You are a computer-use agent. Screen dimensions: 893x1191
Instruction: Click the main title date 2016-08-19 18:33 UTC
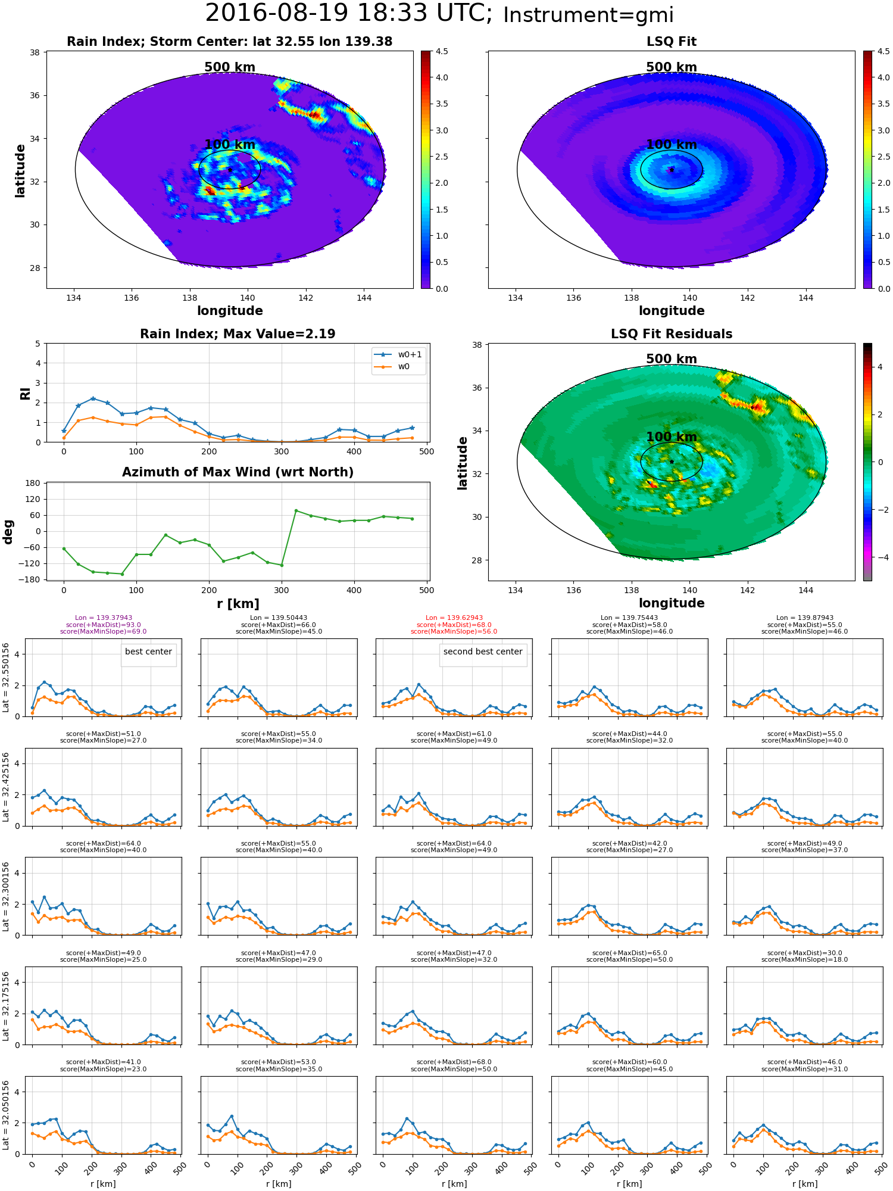click(x=349, y=14)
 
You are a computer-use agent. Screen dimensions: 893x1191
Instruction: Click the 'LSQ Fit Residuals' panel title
click(x=672, y=334)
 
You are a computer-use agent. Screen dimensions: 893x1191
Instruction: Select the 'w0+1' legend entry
click(x=398, y=354)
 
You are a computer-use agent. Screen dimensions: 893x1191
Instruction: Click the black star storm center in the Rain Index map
click(x=230, y=170)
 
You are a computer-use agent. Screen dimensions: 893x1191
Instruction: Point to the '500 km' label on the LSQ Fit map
click(x=672, y=67)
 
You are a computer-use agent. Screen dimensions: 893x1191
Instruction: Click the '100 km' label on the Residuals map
click(x=672, y=437)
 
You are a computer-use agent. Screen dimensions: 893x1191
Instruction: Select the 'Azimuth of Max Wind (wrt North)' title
click(x=238, y=472)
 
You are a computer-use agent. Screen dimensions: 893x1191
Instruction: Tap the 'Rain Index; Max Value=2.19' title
click(x=238, y=334)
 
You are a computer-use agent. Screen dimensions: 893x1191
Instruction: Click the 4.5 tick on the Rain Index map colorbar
click(x=442, y=51)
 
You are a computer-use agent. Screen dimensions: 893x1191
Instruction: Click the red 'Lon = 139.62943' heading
click(x=454, y=618)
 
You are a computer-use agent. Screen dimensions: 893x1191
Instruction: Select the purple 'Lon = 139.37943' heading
click(x=104, y=618)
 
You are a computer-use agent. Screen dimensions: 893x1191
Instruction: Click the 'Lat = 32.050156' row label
click(x=6, y=1115)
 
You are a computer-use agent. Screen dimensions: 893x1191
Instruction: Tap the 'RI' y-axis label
click(x=25, y=393)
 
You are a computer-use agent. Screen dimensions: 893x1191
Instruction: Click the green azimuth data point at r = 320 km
click(x=296, y=510)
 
